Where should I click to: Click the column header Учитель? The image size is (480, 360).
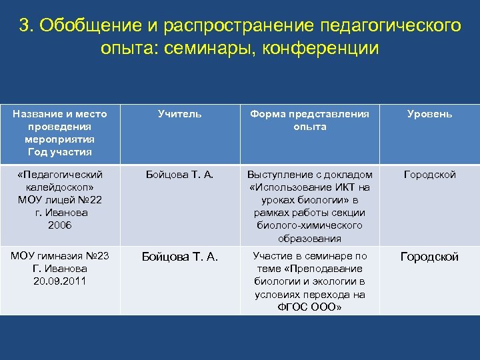coord(179,114)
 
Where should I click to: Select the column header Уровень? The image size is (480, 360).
coord(429,114)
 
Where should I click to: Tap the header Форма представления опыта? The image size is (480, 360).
coord(309,120)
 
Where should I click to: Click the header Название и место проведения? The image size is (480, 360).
coord(60,120)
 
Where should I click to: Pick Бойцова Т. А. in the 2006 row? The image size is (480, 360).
coord(179,175)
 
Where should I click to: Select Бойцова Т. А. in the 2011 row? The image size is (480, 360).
coord(179,257)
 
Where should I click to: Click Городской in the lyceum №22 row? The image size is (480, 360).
coord(429,175)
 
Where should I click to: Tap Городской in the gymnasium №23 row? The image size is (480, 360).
coord(429,257)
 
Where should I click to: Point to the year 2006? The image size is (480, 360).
coord(60,225)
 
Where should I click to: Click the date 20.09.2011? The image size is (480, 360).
coord(60,281)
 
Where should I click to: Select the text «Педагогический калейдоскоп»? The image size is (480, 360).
coord(60,181)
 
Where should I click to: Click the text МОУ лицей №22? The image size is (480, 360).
coord(60,200)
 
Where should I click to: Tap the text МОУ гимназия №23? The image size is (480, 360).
coord(60,256)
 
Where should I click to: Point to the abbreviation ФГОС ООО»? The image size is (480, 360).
coord(309,307)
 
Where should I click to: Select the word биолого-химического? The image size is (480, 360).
coord(309,225)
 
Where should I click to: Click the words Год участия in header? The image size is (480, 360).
coord(60,152)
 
